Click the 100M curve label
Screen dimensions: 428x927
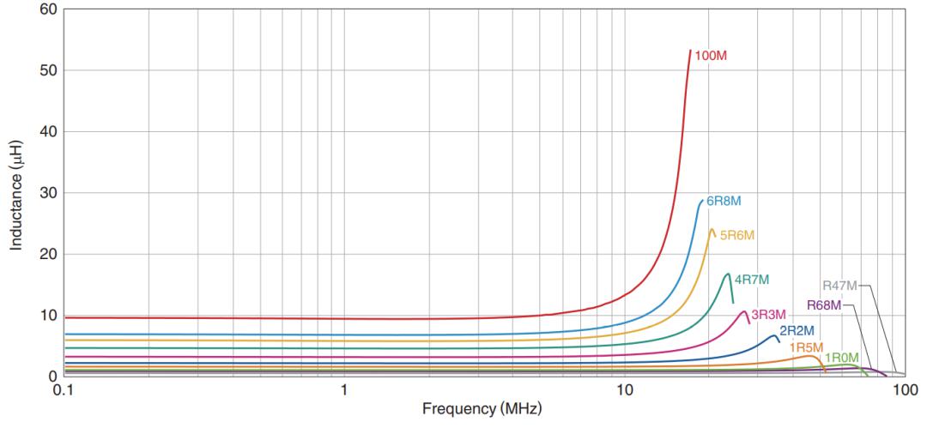pyautogui.click(x=712, y=57)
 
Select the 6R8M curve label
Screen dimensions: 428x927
pyautogui.click(x=724, y=202)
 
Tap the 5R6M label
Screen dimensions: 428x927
pyautogui.click(x=737, y=235)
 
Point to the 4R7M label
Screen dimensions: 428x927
pyautogui.click(x=752, y=280)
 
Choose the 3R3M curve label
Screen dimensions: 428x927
pyautogui.click(x=769, y=315)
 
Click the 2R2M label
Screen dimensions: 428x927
pyautogui.click(x=797, y=331)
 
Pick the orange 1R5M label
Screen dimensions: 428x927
pyautogui.click(x=808, y=347)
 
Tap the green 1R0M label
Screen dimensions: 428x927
pyautogui.click(x=841, y=358)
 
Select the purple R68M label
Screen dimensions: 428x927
pyautogui.click(x=823, y=305)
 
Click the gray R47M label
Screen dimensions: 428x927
pyautogui.click(x=839, y=286)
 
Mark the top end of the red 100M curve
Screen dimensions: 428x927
pyautogui.click(x=690, y=51)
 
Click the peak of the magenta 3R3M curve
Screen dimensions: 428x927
pyautogui.click(x=743, y=311)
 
